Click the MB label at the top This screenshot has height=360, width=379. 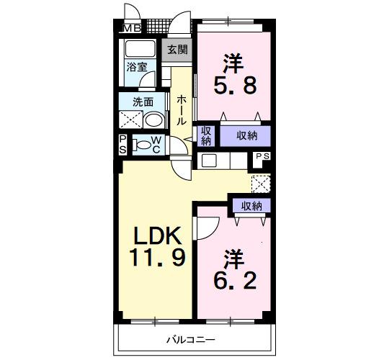(132, 29)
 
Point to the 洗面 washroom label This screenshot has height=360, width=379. (141, 102)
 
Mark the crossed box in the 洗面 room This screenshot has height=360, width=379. (131, 120)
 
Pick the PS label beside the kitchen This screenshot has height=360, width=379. (262, 156)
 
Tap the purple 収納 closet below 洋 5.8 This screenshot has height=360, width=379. (245, 135)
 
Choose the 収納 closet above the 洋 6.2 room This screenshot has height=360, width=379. (251, 206)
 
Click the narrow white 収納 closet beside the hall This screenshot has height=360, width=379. (206, 135)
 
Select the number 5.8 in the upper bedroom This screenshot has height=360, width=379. (233, 86)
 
